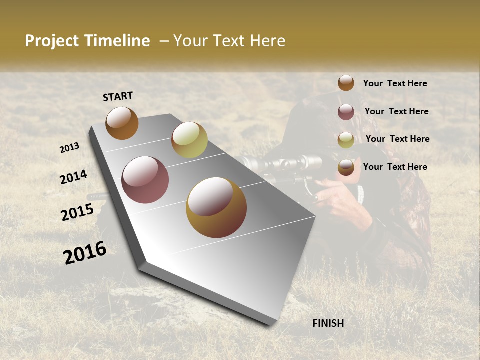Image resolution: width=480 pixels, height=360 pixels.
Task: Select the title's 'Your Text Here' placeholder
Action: point(229,41)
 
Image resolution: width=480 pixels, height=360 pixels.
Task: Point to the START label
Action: point(118,96)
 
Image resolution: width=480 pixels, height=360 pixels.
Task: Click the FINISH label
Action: point(328,323)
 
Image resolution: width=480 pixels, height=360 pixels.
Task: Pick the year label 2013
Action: point(69,148)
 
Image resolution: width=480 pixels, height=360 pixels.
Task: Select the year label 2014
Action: point(73,177)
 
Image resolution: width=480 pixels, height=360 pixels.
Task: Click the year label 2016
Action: point(85,253)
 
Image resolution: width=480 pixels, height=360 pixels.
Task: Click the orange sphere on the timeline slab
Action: point(122,123)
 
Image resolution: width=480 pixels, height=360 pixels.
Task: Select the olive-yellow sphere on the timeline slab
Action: point(189,140)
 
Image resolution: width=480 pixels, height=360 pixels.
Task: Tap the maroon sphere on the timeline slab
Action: point(145,180)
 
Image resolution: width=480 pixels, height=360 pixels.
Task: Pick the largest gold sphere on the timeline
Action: point(216,207)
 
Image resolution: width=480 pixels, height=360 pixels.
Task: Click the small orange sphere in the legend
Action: point(346,83)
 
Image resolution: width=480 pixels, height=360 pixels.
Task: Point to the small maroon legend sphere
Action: point(346,112)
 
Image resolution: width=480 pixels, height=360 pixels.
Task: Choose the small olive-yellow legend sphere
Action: point(346,140)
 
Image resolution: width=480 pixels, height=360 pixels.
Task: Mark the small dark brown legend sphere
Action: point(346,168)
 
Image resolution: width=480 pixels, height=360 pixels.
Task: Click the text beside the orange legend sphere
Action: point(395,84)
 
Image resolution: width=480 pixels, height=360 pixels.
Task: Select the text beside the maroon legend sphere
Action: point(396,111)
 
